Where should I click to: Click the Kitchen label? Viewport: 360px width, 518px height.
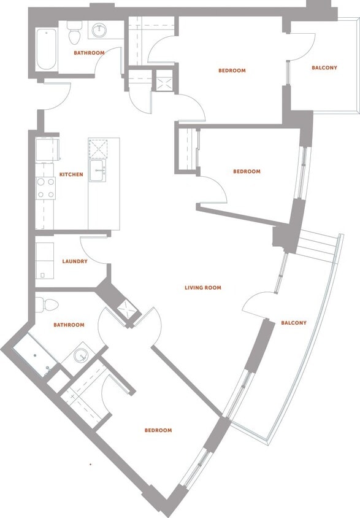coord(71,174)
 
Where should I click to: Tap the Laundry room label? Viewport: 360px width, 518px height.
coord(75,261)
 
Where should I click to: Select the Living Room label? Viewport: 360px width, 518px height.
coord(203,287)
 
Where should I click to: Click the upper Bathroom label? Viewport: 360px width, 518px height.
coord(89,53)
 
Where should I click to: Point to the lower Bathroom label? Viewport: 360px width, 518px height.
coord(69,325)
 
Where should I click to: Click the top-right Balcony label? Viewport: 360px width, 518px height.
coord(324,68)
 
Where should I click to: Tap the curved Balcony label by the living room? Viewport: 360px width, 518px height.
coord(294,323)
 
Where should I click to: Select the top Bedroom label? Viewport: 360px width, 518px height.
coord(232,71)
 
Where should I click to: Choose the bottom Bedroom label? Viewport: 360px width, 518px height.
coord(158,430)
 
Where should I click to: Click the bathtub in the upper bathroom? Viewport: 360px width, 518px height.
coord(46,50)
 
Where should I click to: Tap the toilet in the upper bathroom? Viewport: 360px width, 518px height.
coord(75,34)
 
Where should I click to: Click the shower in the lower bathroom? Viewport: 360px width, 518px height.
coord(34,357)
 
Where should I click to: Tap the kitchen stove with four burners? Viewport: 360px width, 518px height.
coord(45,188)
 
